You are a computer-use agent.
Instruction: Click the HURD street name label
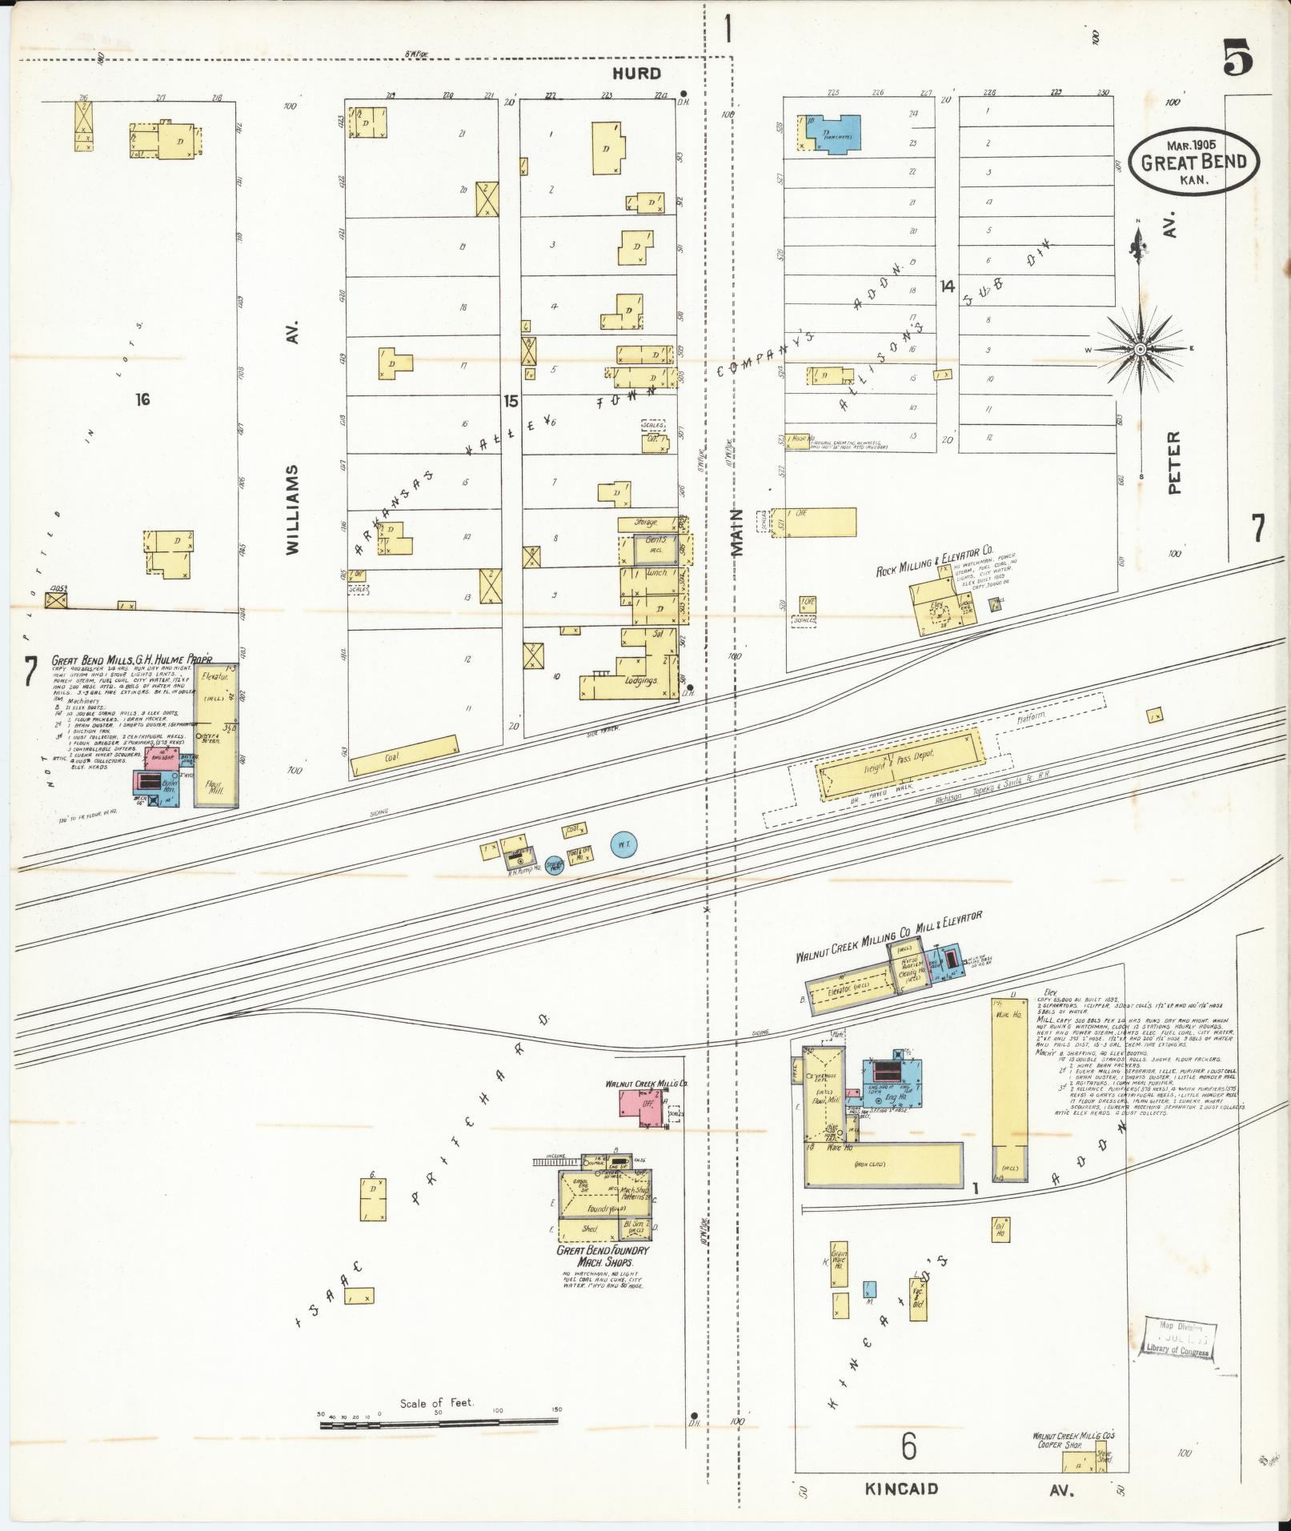(637, 74)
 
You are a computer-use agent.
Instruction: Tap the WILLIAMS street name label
(292, 509)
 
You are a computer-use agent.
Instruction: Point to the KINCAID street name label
(900, 1489)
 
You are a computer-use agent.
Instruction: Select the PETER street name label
(1174, 463)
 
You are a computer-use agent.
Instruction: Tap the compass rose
(1139, 349)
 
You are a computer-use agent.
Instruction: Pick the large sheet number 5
(1237, 58)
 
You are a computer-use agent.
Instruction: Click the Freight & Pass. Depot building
(900, 764)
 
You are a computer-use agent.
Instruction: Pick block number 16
(142, 399)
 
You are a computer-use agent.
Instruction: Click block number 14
(948, 286)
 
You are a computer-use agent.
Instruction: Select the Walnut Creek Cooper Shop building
(1079, 1462)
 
